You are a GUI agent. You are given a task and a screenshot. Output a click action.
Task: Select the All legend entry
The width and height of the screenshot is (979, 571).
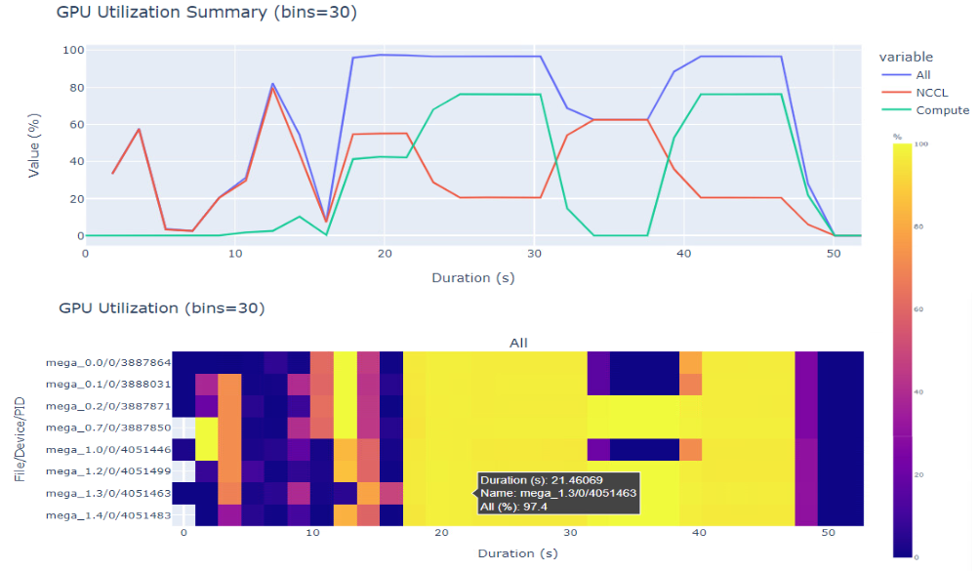tap(923, 74)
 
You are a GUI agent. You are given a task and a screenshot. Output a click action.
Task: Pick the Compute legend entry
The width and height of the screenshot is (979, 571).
tap(942, 111)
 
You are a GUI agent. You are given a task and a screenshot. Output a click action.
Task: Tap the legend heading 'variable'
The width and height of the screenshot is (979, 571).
tap(905, 57)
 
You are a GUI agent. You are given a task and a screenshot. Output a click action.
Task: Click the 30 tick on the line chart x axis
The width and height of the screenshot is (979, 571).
tap(534, 252)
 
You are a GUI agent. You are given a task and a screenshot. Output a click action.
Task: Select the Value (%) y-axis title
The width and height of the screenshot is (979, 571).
tap(34, 143)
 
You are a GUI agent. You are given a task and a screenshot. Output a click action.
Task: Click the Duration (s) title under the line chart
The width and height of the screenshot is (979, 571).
tap(473, 277)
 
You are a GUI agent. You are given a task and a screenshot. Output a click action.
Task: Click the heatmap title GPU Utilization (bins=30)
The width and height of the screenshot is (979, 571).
tap(162, 308)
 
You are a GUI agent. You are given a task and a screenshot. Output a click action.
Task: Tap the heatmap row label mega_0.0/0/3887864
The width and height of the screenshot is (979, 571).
tap(107, 362)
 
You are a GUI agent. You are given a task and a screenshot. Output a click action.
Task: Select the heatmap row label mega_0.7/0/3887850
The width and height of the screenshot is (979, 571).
tap(107, 427)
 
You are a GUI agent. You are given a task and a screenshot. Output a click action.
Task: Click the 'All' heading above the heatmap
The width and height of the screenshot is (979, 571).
tap(518, 343)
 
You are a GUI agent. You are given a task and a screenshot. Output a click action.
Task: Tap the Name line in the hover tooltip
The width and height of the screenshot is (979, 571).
tap(558, 494)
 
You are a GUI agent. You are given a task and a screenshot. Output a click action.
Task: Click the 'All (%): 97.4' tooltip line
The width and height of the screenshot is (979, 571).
tap(514, 508)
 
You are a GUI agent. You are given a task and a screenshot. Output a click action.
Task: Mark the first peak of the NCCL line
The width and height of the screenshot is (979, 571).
tap(140, 129)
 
